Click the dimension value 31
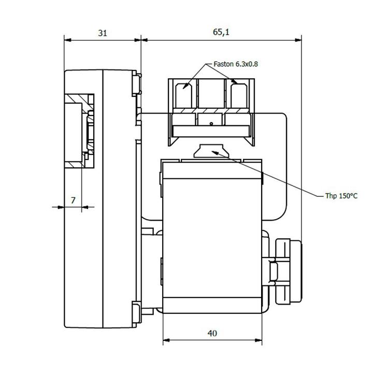coord(103,33)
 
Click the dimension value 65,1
coord(221,32)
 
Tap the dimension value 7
coord(73,200)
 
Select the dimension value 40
coord(212,333)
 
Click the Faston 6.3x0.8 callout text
coord(236,64)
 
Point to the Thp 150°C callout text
coord(341,196)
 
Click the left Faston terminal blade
coord(183,96)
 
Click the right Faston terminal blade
coord(239,96)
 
